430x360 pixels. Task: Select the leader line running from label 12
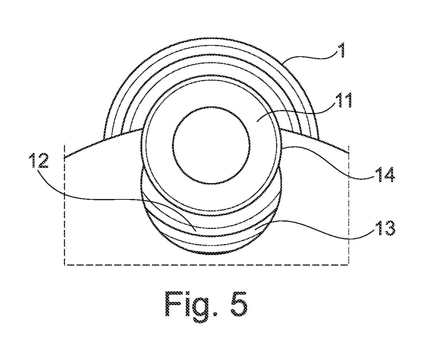coord(115,198)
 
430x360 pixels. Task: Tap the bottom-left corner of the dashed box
coord(65,265)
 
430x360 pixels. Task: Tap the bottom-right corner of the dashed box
coord(349,265)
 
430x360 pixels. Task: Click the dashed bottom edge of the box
coord(206,265)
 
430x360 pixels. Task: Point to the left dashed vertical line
coord(65,205)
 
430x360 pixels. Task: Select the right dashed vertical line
coord(349,205)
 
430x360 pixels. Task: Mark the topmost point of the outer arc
coord(211,38)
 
